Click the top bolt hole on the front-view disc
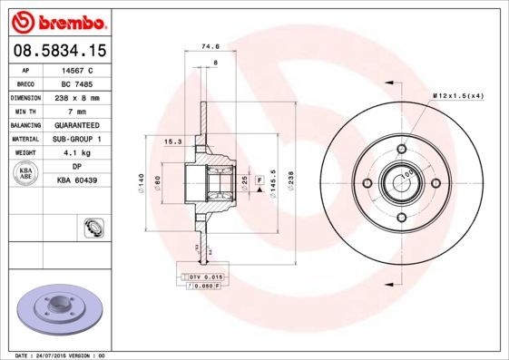[400, 150]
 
